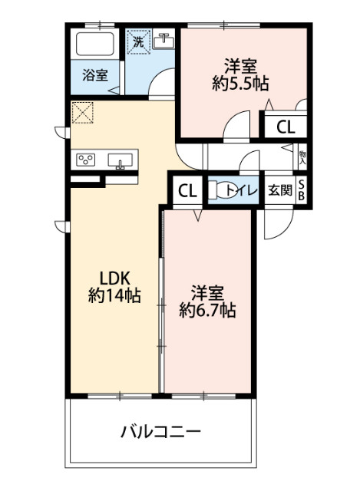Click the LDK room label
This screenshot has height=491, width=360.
click(114, 278)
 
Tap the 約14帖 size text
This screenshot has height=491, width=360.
click(114, 296)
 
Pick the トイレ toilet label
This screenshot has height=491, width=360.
click(244, 190)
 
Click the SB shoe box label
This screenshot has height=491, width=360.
click(301, 189)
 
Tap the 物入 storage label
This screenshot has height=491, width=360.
click(302, 157)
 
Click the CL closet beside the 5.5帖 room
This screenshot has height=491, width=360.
click(285, 127)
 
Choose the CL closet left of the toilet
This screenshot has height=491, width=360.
click(186, 190)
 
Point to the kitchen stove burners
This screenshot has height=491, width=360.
click(86, 160)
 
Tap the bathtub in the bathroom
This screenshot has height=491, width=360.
click(95, 44)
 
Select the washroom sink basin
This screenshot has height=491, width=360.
click(163, 42)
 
